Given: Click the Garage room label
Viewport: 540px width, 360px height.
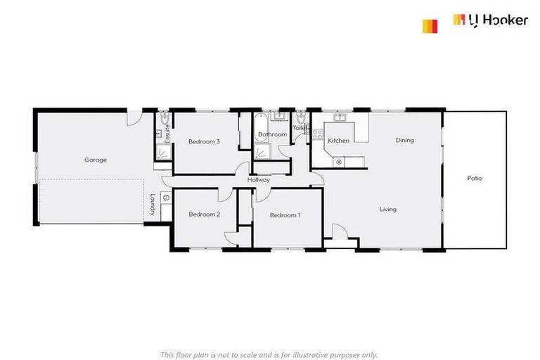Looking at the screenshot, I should [x=96, y=160].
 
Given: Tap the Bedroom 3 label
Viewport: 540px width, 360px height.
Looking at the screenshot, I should [x=204, y=141].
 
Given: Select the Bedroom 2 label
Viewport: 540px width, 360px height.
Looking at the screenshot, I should [x=204, y=214].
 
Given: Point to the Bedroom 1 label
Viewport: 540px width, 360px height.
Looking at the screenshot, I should [x=285, y=215].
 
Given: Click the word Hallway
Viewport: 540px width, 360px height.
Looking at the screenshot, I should [x=259, y=180].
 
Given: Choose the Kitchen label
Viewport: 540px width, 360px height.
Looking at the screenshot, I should [x=338, y=141].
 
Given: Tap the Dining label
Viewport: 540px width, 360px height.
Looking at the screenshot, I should [x=404, y=140].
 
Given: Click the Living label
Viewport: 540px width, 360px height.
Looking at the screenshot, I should [x=387, y=210].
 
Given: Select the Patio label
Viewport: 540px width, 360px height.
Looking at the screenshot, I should [x=475, y=178].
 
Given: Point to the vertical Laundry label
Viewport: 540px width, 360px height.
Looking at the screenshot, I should [x=152, y=205].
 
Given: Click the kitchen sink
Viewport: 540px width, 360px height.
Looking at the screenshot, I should [x=340, y=117].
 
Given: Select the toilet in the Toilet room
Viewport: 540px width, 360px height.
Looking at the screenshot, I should [x=302, y=117].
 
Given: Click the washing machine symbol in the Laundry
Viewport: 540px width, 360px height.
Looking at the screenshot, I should [x=165, y=198].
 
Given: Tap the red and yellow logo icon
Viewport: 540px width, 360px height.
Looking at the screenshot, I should [x=430, y=26].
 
